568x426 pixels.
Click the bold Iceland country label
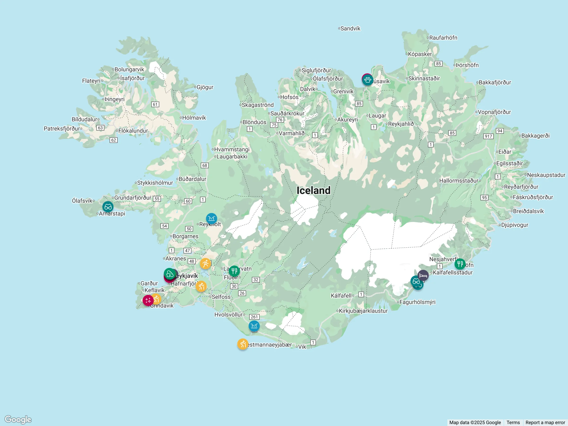tap(313, 190)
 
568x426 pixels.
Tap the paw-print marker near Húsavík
tap(368, 80)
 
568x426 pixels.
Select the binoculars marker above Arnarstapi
tap(108, 207)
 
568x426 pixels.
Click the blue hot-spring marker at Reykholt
tap(211, 218)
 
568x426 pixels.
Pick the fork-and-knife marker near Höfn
tap(460, 264)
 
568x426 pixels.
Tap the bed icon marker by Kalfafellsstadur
tap(423, 275)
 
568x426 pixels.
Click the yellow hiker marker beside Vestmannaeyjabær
tap(243, 344)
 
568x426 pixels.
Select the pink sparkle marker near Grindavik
tap(148, 300)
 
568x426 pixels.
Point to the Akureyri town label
tap(347, 120)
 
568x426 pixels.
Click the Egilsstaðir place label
tap(509, 163)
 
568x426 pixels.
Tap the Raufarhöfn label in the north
tap(443, 38)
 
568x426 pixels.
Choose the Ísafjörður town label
tap(132, 78)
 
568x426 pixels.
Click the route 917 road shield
tap(488, 136)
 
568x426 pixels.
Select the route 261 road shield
tap(254, 317)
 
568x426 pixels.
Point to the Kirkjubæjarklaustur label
tap(363, 311)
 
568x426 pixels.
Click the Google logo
tap(18, 419)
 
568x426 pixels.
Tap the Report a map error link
tap(545, 422)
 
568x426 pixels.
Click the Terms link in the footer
tap(513, 422)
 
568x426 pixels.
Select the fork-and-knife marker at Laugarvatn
tap(234, 271)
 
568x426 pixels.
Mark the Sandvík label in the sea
tap(350, 28)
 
